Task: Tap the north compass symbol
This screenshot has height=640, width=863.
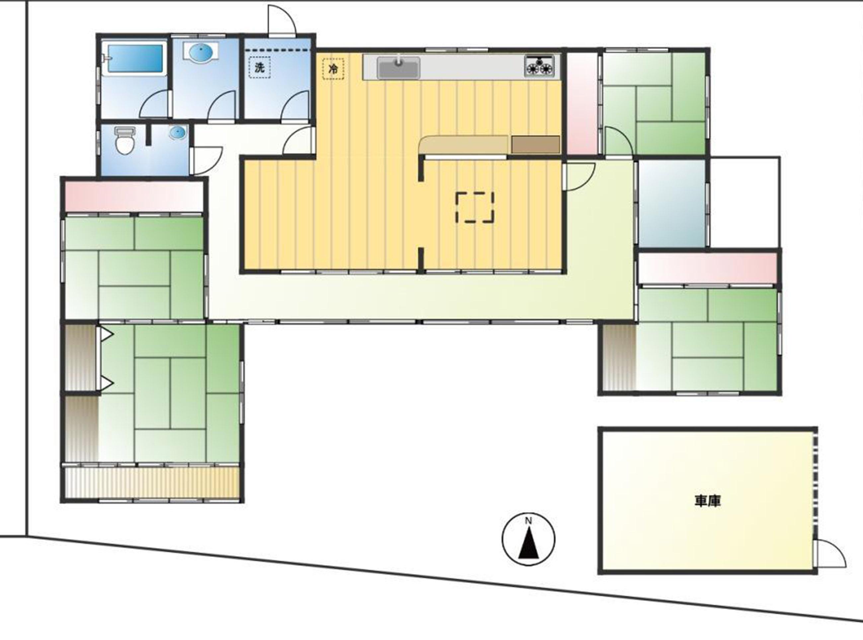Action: (528, 539)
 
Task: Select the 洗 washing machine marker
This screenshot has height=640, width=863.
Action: (259, 67)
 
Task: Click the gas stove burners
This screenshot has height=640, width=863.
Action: (539, 66)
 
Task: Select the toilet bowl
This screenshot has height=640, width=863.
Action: (125, 141)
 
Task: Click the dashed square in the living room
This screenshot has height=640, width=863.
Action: (475, 207)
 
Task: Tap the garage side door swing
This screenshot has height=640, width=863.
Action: (831, 554)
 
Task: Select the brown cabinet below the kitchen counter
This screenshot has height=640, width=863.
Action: (536, 145)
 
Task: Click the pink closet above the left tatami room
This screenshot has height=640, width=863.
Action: (134, 196)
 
